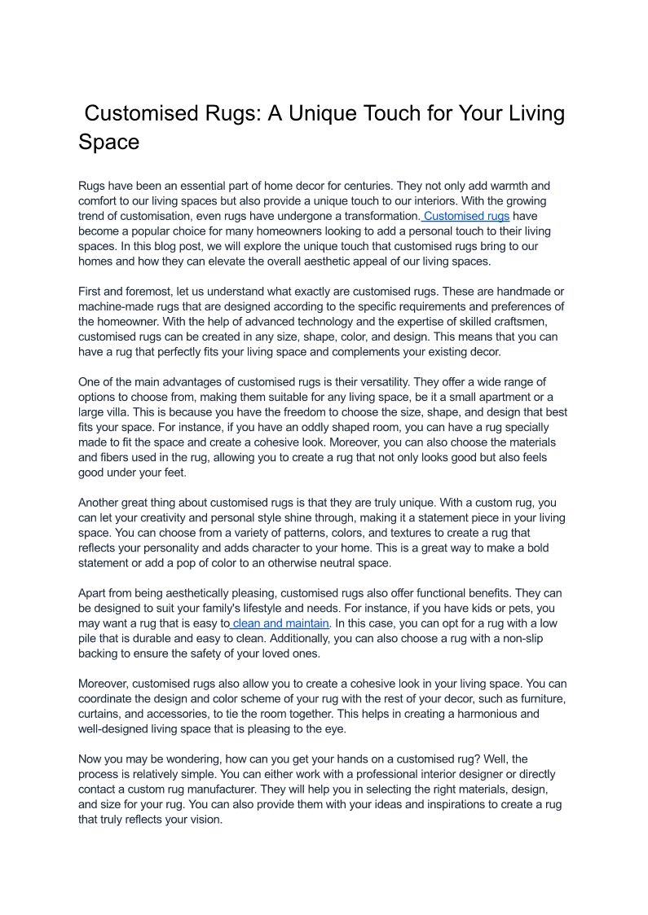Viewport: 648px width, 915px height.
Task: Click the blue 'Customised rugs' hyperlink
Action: tap(467, 216)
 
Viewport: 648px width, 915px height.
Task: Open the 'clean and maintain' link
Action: tap(281, 623)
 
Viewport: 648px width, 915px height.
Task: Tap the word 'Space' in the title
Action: tap(108, 142)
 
